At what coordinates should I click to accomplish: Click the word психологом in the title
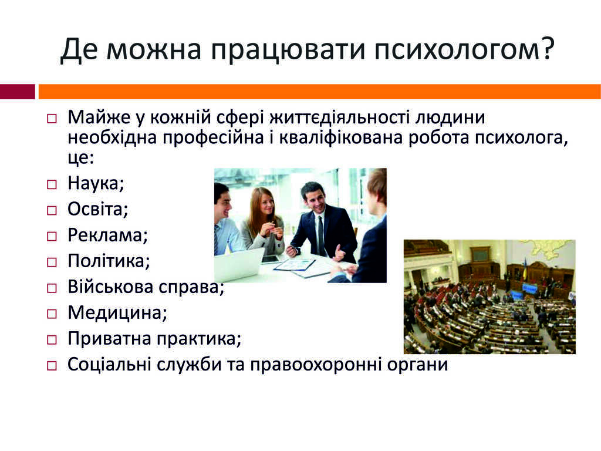tap(456, 49)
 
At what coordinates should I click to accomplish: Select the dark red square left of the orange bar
tap(17, 92)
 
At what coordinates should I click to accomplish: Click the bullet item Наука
tap(96, 183)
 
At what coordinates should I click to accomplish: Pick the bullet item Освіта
tap(98, 209)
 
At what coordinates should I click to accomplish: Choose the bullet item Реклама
tap(108, 235)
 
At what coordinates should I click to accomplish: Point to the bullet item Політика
tap(109, 261)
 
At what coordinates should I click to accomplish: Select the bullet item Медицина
tap(117, 312)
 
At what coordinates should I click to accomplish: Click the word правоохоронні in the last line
tap(316, 365)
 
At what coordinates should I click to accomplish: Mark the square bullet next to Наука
tap(52, 184)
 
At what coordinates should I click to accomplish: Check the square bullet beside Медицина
tap(52, 314)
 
